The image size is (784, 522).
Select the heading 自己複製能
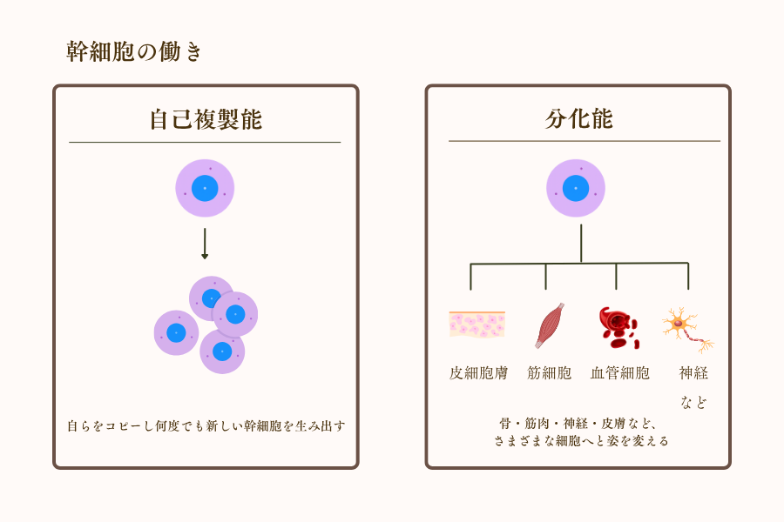point(205,119)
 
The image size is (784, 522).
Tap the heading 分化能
point(578,118)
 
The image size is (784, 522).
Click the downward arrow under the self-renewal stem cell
point(205,244)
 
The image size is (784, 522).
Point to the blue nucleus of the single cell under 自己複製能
point(205,188)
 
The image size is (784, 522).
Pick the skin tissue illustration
point(476,325)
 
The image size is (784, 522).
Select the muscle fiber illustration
point(550,325)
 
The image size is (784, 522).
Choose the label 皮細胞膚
point(478,373)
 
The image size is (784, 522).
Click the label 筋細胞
point(549,373)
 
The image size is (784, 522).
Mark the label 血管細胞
point(619,373)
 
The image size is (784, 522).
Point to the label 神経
point(693,373)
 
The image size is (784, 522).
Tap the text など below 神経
point(693,402)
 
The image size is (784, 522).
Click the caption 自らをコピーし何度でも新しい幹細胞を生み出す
point(206,425)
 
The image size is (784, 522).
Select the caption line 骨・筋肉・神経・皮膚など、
point(579,423)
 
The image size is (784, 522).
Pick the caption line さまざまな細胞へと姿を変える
point(579,441)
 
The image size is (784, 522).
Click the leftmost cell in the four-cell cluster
point(176,333)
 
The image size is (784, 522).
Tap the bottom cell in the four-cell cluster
point(222,351)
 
